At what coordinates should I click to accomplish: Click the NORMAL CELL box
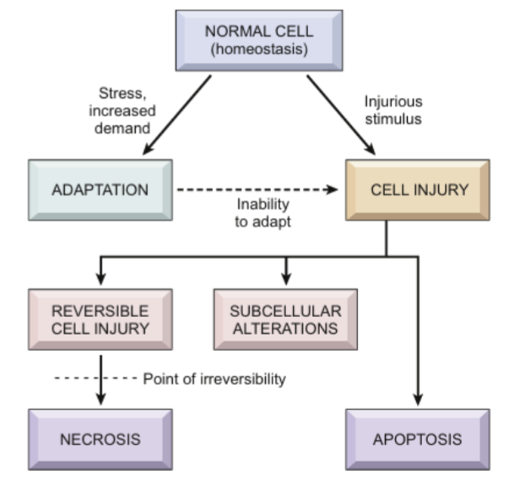(x=258, y=41)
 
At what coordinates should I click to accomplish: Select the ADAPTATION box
(x=100, y=189)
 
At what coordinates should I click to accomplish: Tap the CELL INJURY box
(x=418, y=189)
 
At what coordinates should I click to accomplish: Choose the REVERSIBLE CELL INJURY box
(x=100, y=319)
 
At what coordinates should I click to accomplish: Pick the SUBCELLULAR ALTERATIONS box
(x=284, y=319)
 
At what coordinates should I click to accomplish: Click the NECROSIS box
(x=100, y=440)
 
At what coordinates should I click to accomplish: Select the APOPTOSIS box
(x=418, y=440)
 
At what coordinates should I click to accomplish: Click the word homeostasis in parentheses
(x=258, y=50)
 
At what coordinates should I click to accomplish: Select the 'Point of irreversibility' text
(x=214, y=379)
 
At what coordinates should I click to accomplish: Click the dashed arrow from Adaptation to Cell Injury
(x=253, y=189)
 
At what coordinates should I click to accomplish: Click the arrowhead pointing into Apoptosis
(x=418, y=401)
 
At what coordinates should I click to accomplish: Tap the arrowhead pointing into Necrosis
(x=100, y=401)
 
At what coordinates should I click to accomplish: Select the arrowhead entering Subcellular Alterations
(x=285, y=280)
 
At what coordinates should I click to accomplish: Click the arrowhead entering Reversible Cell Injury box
(x=100, y=280)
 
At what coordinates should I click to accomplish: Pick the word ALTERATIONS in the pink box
(x=284, y=328)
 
